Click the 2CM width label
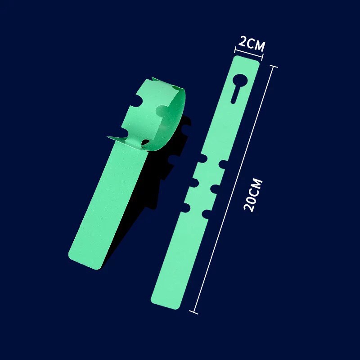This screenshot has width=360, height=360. (252, 43)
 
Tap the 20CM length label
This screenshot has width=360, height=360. (253, 195)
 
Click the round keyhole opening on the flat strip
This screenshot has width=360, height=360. (240, 80)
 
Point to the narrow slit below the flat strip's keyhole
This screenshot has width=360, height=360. (235, 94)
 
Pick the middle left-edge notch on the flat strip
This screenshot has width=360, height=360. (194, 182)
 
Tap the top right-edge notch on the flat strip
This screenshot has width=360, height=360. (223, 164)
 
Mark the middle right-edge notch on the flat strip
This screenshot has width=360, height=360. (215, 189)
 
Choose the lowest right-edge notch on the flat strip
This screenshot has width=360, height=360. (207, 214)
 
